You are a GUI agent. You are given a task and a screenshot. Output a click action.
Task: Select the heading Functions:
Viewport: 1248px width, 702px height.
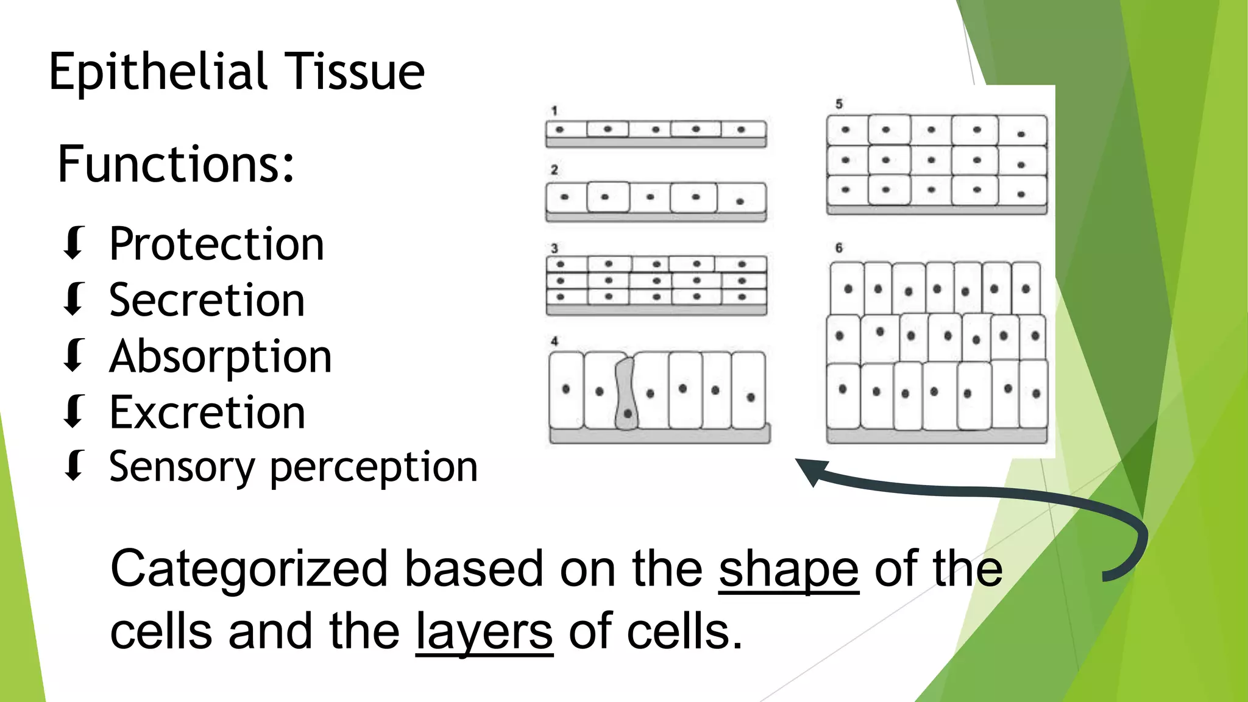click(175, 165)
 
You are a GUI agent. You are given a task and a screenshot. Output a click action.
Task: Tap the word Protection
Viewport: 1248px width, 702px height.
click(216, 244)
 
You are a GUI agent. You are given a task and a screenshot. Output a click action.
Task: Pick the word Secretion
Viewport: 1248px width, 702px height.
click(207, 300)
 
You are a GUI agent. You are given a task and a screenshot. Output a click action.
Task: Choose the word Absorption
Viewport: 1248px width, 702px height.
click(220, 357)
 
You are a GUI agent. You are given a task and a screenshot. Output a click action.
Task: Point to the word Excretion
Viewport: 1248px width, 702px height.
click(207, 413)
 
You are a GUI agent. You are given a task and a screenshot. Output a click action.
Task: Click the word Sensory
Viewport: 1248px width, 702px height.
click(181, 468)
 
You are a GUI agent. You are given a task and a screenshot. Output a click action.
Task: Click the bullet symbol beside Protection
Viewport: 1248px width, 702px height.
click(74, 243)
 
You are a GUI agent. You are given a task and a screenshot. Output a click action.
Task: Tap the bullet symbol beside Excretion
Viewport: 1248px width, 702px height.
click(74, 412)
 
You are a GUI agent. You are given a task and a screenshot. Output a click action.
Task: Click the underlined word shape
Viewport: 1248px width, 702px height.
click(789, 569)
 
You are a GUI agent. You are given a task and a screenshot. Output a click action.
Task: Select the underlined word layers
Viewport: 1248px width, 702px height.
click(484, 632)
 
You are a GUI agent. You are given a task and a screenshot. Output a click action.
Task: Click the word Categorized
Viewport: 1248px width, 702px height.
click(249, 569)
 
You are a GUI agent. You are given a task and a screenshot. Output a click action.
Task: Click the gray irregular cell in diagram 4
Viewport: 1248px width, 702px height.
click(626, 396)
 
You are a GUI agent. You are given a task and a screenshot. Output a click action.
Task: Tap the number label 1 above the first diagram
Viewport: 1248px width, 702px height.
click(554, 111)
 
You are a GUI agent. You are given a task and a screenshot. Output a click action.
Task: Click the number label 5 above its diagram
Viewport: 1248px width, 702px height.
click(838, 104)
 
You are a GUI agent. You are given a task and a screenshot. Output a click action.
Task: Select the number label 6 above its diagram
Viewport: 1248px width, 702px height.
click(838, 248)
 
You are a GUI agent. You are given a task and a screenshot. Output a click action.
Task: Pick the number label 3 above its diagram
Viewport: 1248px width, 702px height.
click(554, 249)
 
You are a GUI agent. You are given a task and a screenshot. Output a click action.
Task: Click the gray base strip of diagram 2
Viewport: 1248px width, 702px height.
click(656, 218)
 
